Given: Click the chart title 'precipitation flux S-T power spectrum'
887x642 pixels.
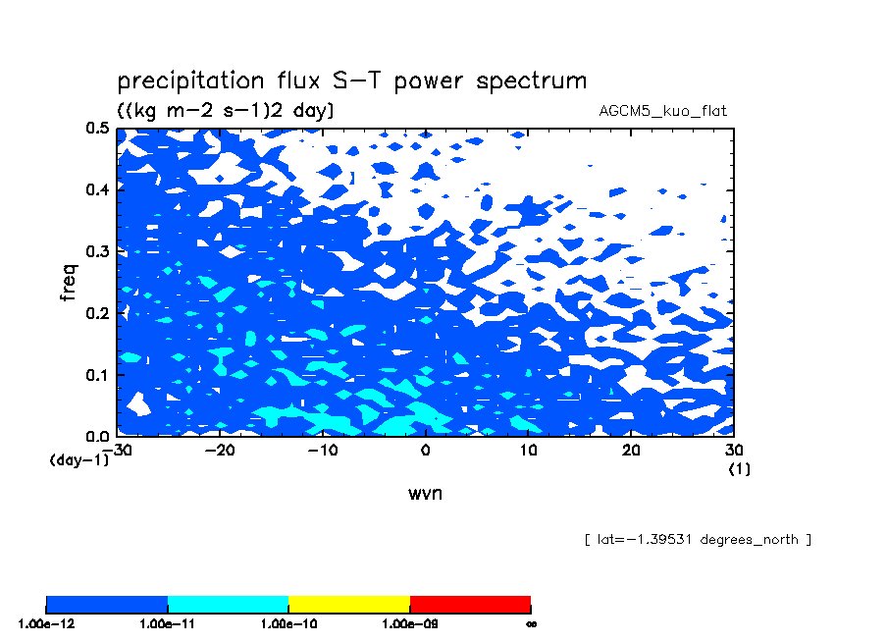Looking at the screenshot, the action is pos(352,80).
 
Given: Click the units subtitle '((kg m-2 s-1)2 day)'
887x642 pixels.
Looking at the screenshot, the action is pos(225,110).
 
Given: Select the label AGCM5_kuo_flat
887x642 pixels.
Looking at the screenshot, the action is pos(662,111).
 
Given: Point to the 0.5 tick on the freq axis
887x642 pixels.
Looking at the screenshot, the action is pos(97,128).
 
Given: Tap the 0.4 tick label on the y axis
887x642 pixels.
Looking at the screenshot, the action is pos(97,189).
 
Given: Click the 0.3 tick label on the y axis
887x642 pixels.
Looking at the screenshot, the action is pos(97,251).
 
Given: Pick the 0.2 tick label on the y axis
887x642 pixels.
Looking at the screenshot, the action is pos(97,313).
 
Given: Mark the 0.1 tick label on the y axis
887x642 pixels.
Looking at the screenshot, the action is pos(97,375).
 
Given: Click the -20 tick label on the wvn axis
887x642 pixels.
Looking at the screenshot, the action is pos(220,450).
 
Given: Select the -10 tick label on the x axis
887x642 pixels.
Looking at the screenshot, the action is pos(323,450).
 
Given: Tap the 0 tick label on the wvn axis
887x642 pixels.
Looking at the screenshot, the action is pos(426,450).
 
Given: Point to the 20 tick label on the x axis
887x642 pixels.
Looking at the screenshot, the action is pos(631,450).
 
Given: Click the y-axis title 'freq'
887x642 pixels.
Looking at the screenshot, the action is pos(68,282).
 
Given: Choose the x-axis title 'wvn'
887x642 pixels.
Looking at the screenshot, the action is pos(426,493).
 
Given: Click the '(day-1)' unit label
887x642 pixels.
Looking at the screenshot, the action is pos(79,459).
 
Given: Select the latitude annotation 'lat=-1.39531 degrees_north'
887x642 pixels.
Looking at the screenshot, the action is pos(698,539).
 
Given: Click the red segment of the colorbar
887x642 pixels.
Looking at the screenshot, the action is pos(470,605).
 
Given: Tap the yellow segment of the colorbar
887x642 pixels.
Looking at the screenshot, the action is pos(349,605).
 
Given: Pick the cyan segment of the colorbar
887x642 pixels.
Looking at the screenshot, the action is pos(228,605).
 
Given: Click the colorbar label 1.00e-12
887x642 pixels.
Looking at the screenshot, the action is pos(46,624).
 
